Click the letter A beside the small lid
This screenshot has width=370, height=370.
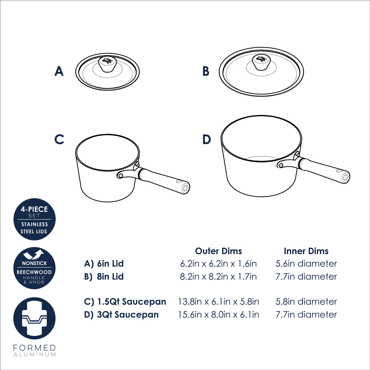coord(59,71)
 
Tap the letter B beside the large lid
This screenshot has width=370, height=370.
coord(206,71)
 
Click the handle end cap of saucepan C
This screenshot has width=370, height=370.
coord(185,188)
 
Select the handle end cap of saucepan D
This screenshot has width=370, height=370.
coord(345,177)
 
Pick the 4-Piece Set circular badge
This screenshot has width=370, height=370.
coord(35,219)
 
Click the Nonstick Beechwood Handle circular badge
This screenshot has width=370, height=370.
coord(35,268)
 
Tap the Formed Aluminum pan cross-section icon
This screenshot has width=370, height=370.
coord(35,318)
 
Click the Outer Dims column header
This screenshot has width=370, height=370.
coord(218,251)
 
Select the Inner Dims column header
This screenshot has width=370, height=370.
coord(306,251)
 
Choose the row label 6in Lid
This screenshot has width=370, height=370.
coord(110,264)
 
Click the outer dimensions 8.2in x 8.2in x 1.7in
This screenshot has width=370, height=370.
coord(218,277)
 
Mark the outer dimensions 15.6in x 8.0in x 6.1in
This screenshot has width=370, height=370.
coord(219,315)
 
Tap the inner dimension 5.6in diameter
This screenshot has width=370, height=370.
coord(306,264)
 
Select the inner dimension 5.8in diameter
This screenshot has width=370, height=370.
coord(306,302)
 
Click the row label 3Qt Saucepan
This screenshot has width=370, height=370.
coord(128,315)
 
